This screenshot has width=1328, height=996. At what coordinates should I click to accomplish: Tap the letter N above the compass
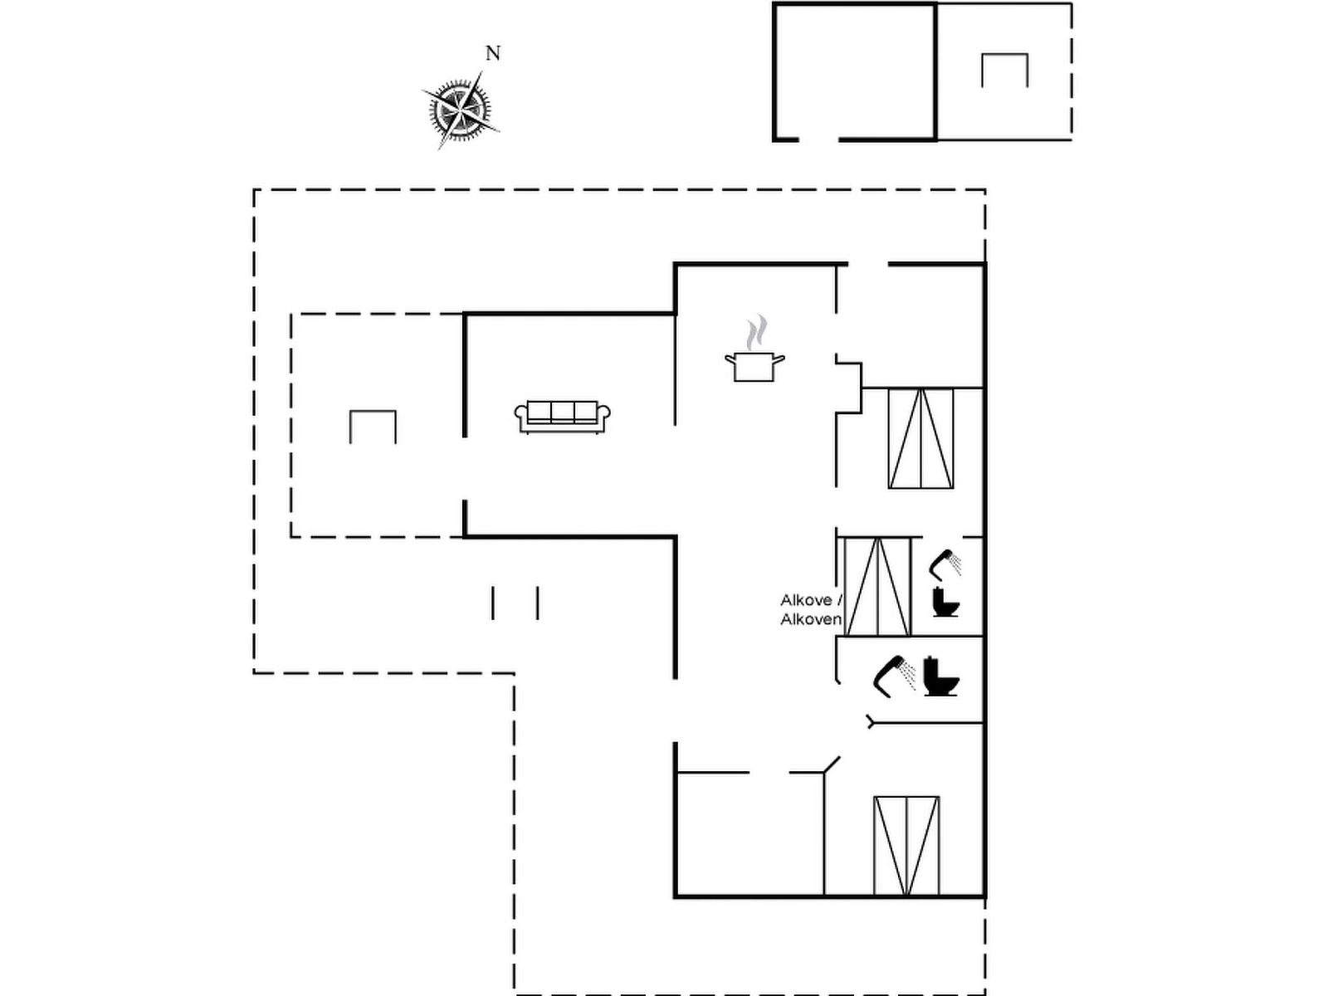(493, 53)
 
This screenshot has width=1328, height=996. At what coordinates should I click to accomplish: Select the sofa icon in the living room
(563, 415)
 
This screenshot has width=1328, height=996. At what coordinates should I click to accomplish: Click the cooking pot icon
(754, 365)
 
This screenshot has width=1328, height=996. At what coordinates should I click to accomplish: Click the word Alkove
(805, 599)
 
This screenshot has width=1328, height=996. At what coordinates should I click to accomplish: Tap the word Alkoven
(811, 619)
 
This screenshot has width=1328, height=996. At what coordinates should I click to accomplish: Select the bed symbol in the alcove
(877, 586)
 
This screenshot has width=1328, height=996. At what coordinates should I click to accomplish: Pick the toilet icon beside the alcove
(946, 601)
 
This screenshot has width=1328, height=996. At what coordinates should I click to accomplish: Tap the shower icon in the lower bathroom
(895, 674)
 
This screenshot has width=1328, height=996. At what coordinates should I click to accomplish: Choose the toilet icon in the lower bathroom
(940, 676)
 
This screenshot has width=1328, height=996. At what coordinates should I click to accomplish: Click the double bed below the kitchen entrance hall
(920, 437)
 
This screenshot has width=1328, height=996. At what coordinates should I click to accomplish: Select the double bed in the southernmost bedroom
(906, 845)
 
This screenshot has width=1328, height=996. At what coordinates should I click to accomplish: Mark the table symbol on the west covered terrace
(373, 427)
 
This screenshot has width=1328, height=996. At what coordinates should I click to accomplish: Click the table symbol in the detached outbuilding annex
(1004, 70)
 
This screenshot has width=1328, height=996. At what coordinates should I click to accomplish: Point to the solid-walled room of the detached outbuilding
(855, 71)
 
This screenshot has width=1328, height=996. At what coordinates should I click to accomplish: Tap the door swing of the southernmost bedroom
(831, 764)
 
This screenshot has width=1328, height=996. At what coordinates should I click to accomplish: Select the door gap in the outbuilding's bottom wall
(818, 139)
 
